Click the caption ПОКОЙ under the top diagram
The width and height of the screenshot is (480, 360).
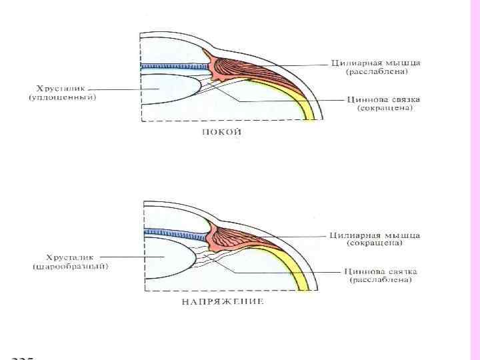pyautogui.click(x=222, y=132)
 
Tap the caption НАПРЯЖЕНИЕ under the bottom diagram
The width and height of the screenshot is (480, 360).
pyautogui.click(x=222, y=301)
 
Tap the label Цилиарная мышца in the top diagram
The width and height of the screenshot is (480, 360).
pyautogui.click(x=376, y=63)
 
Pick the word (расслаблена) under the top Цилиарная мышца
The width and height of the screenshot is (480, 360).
pyautogui.click(x=377, y=72)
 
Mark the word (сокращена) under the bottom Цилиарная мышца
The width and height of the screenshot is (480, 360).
pyautogui.click(x=373, y=244)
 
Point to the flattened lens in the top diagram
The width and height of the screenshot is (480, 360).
pyautogui.click(x=170, y=90)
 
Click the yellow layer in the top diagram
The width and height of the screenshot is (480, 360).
pyautogui.click(x=293, y=100)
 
